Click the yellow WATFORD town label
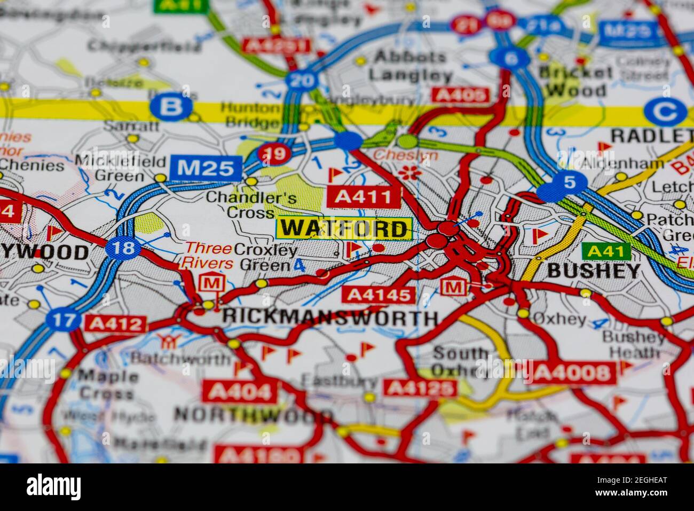pos(344,229)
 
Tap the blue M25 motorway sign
pos(206,168)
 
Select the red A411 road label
pos(364,197)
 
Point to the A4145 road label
pos(378,295)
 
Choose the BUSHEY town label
pos(594,271)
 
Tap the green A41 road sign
pos(606,250)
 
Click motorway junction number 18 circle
pos(123,248)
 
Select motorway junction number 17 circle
pos(64,321)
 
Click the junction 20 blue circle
pos(302,81)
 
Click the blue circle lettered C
pos(665,112)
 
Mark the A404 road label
pos(240,392)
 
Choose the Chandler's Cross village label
pos(251,205)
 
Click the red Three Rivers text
pos(208,255)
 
